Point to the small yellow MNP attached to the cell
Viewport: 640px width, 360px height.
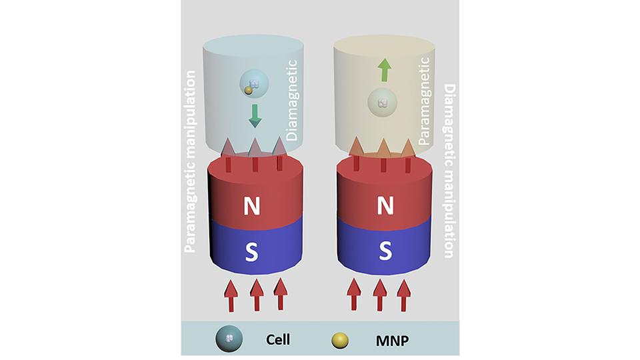coord(247,90)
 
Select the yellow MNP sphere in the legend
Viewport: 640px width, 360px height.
coord(343,339)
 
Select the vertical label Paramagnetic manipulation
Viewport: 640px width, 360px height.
coord(191,160)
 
